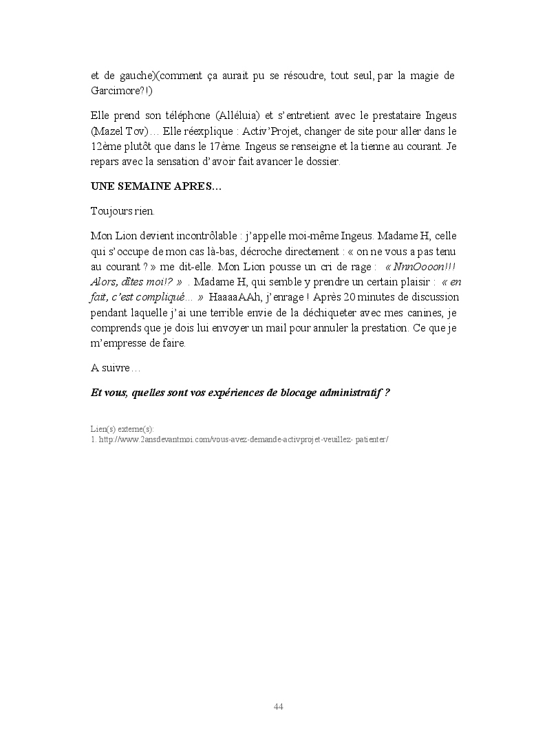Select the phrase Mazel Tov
(117, 131)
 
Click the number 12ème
(106, 146)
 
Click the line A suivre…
(115, 368)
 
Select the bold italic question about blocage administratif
(240, 393)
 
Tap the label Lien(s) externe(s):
(122, 428)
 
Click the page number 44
(279, 707)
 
